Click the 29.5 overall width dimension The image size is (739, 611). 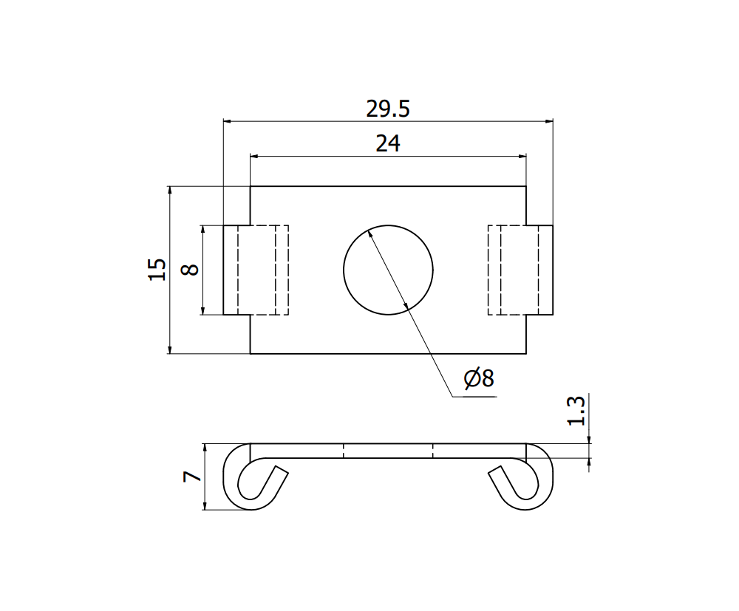(x=387, y=109)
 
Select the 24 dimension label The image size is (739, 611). (x=387, y=143)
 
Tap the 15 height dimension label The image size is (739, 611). (x=156, y=269)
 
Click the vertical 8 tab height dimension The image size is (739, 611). (x=190, y=269)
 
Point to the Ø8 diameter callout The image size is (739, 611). (x=478, y=379)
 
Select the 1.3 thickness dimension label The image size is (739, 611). (x=577, y=411)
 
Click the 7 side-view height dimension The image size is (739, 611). (x=191, y=477)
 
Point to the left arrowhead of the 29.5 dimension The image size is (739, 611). (x=228, y=120)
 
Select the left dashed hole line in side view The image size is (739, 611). (x=344, y=451)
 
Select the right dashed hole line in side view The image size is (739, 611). (x=433, y=451)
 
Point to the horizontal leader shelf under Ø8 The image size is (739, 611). (x=473, y=397)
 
